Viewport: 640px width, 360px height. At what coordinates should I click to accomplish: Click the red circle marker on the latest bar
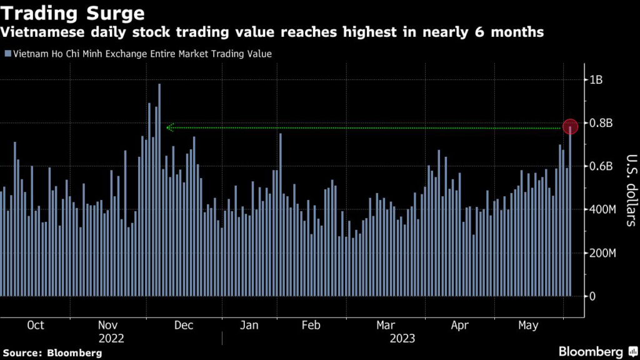click(x=570, y=126)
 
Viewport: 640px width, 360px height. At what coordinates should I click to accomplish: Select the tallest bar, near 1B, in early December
click(x=159, y=187)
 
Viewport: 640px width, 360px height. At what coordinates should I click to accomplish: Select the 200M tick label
click(x=601, y=252)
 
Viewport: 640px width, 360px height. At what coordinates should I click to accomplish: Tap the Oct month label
click(x=36, y=325)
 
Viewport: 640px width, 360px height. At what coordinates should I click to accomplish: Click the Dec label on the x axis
click(x=184, y=325)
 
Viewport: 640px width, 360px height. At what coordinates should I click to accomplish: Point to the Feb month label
click(x=311, y=325)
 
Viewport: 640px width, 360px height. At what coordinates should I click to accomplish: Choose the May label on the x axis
click(x=528, y=325)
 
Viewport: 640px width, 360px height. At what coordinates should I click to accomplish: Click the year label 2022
click(x=112, y=338)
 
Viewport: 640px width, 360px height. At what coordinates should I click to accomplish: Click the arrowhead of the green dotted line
click(x=169, y=128)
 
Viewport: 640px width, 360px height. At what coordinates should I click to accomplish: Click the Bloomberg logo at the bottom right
click(x=594, y=352)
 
